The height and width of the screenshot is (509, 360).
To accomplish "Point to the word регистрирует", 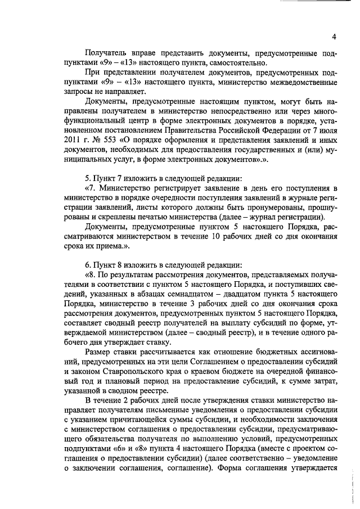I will tap(163, 188).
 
